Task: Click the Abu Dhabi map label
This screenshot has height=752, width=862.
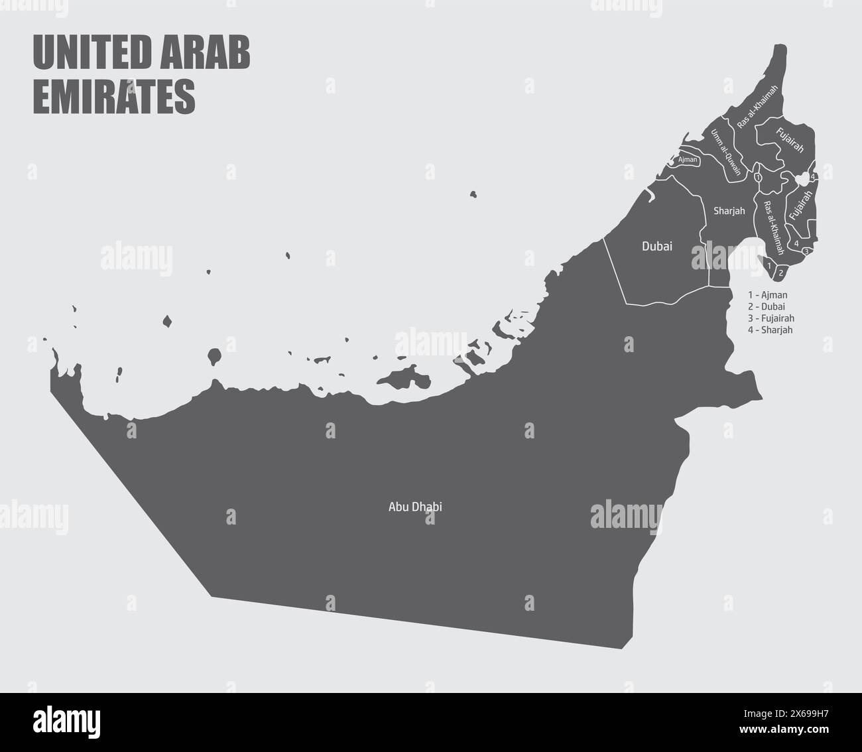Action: pyautogui.click(x=415, y=507)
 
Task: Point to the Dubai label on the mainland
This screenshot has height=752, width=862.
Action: pyautogui.click(x=656, y=246)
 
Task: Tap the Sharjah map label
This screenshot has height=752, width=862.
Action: pyautogui.click(x=729, y=211)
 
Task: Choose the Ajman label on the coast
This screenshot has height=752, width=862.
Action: pyautogui.click(x=688, y=160)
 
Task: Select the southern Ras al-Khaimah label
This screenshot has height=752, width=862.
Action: pyautogui.click(x=773, y=227)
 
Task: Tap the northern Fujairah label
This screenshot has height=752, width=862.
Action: pyautogui.click(x=790, y=140)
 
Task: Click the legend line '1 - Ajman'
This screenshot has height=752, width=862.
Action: pyautogui.click(x=767, y=294)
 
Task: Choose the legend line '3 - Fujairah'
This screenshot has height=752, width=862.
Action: pyautogui.click(x=770, y=318)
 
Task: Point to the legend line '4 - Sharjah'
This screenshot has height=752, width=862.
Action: pyautogui.click(x=770, y=330)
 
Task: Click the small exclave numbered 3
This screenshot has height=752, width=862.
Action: pyautogui.click(x=806, y=251)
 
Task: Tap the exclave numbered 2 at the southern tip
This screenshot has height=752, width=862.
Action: pyautogui.click(x=781, y=271)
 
